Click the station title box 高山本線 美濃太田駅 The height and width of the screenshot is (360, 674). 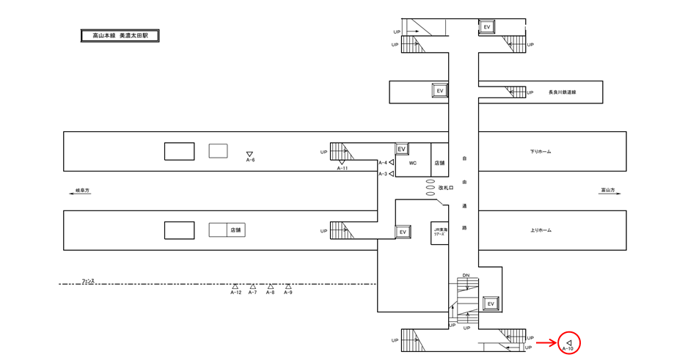[120, 35]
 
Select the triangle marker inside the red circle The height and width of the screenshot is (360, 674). [569, 342]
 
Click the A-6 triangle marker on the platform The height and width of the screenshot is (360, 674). [250, 153]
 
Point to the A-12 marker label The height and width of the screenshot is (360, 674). [235, 293]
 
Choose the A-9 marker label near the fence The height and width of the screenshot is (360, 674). [288, 293]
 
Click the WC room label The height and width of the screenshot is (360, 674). [413, 163]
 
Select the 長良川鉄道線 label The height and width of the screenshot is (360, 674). [562, 92]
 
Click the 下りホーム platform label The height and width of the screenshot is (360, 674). [541, 152]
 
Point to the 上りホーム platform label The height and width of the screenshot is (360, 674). [541, 230]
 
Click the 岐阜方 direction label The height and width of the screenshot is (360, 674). [82, 191]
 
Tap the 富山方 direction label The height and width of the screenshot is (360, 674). [607, 191]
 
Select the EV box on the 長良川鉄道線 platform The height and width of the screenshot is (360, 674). [440, 90]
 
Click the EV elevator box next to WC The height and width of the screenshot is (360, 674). [402, 149]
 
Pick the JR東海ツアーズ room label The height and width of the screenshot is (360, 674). [439, 232]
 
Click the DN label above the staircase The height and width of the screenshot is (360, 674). [466, 276]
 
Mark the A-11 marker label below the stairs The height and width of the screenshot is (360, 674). [342, 169]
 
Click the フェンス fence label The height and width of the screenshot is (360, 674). [89, 281]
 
